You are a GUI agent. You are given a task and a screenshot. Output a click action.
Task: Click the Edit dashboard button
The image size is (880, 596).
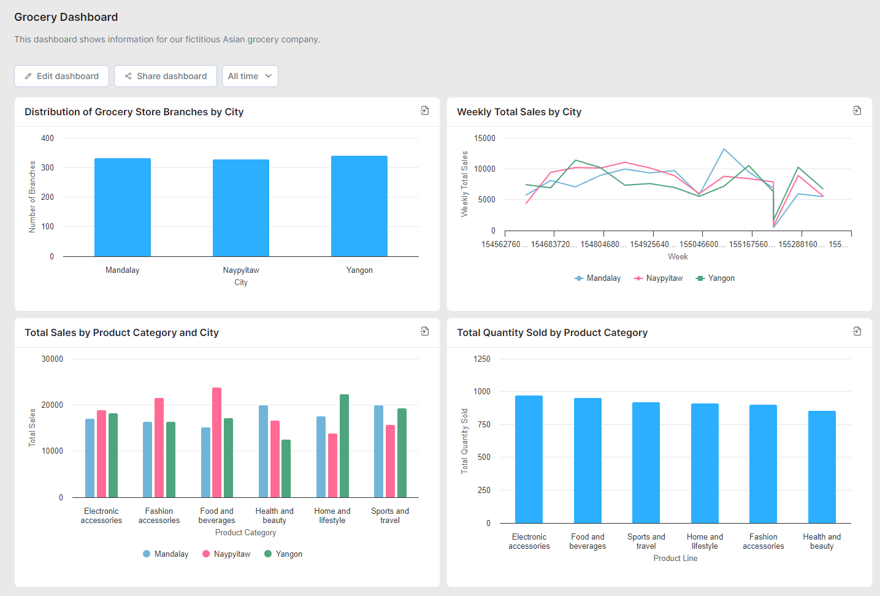[x=61, y=76]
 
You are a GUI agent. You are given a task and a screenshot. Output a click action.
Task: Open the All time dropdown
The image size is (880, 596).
[x=250, y=76]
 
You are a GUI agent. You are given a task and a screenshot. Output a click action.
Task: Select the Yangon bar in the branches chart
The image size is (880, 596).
[x=359, y=206]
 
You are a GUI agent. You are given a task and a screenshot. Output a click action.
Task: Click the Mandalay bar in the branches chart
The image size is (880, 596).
[x=122, y=207]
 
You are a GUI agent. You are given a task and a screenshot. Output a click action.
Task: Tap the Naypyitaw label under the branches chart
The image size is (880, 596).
[x=240, y=270]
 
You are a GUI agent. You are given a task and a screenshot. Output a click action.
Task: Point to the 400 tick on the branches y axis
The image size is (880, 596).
[x=47, y=139]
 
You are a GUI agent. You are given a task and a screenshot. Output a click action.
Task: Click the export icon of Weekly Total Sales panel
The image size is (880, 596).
[x=857, y=110]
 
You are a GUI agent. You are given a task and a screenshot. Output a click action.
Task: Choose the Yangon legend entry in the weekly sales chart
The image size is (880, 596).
[x=715, y=278]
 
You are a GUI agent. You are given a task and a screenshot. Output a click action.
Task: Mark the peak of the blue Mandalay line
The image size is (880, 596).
[x=724, y=149]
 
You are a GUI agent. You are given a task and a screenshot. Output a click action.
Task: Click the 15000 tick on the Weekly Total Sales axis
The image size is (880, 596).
[x=484, y=139]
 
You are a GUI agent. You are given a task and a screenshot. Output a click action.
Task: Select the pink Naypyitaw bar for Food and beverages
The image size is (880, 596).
[x=216, y=442]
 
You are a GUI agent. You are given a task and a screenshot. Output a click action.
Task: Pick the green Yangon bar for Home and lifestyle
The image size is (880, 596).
[x=344, y=446]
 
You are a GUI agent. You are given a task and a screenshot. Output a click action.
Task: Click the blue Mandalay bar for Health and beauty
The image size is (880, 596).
[x=263, y=451]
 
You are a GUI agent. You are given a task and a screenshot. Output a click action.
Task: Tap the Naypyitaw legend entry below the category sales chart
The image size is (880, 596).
[x=226, y=554]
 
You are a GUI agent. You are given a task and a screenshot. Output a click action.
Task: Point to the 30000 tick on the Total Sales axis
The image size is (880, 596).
[x=52, y=359]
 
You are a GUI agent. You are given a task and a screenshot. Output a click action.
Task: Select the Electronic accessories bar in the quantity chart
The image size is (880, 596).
[x=529, y=459]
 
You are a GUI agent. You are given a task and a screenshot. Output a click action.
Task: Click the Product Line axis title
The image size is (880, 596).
[x=675, y=559]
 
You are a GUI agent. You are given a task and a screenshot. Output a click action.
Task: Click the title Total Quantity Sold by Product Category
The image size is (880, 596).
[x=552, y=333]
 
